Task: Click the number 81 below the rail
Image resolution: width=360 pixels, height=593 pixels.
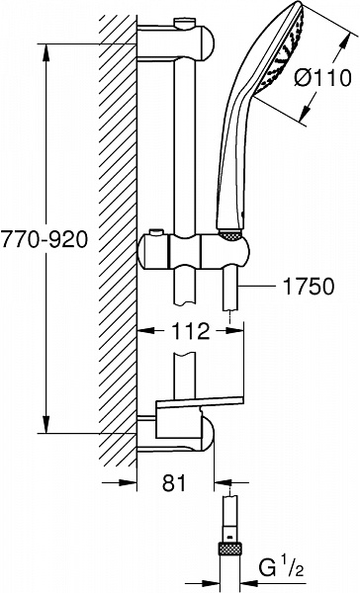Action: tap(174, 483)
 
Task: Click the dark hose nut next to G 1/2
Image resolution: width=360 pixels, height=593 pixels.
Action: tap(228, 546)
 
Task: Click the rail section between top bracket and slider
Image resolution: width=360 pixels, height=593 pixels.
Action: tap(185, 148)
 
